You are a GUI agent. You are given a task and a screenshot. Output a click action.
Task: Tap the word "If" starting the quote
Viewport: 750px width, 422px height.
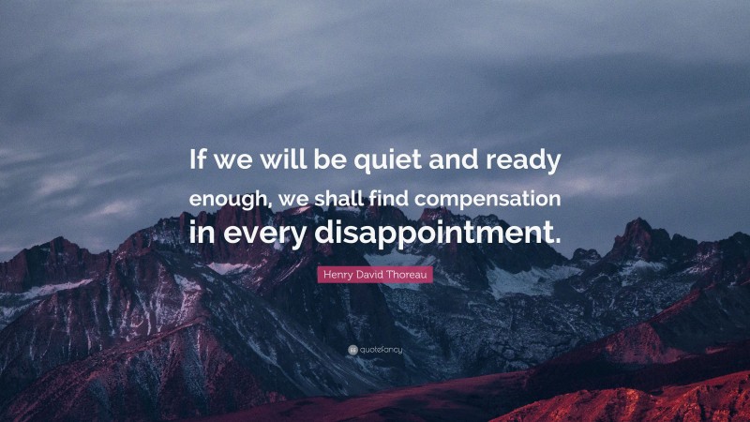click(198, 160)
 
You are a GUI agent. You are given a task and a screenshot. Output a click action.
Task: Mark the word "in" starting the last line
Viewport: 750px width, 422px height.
click(202, 233)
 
